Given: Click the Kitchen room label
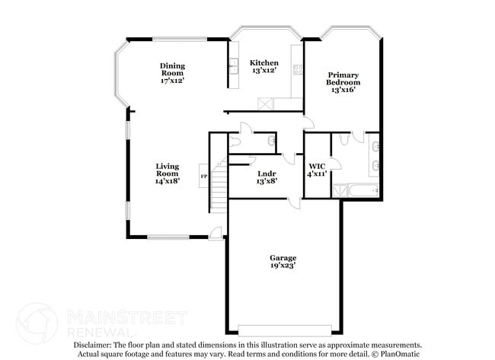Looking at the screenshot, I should pyautogui.click(x=264, y=62).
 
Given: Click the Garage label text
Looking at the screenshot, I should pyautogui.click(x=283, y=257).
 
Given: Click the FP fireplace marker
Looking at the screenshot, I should pyautogui.click(x=203, y=177).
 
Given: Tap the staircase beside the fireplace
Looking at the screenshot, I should pyautogui.click(x=219, y=186).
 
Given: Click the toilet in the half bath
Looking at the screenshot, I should pyautogui.click(x=235, y=141).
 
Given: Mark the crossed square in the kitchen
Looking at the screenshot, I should pyautogui.click(x=265, y=104).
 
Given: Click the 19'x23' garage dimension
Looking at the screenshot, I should pyautogui.click(x=283, y=266).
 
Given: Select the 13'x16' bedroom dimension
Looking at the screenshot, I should pyautogui.click(x=343, y=90).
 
